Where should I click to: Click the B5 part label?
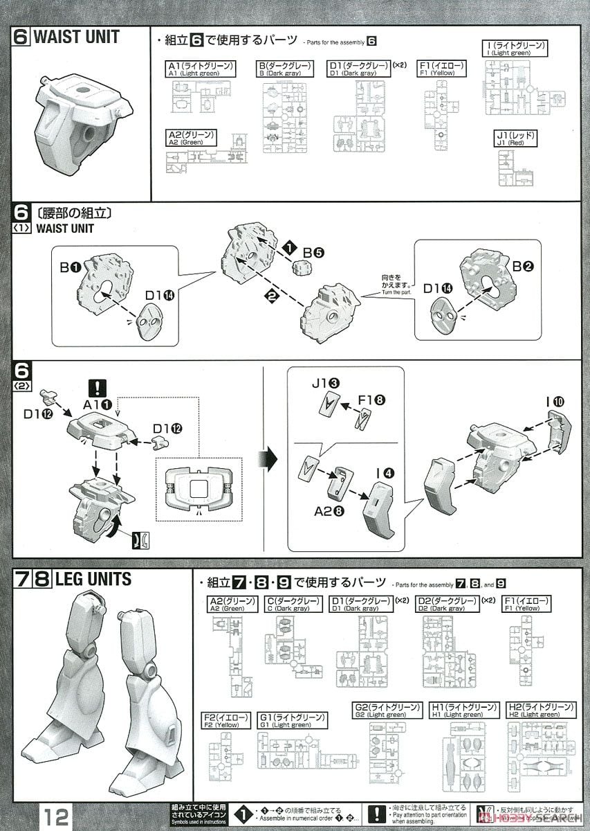click(313, 253)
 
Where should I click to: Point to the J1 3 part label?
click(324, 383)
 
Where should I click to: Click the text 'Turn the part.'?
click(396, 293)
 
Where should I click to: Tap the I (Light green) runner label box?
click(515, 49)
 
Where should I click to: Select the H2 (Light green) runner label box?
click(540, 711)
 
